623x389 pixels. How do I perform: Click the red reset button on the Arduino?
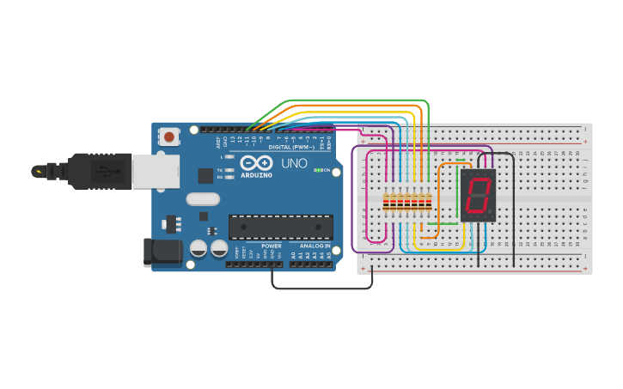169,137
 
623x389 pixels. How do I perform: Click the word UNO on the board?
294,163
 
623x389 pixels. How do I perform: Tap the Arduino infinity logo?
256,163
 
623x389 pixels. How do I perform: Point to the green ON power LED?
318,170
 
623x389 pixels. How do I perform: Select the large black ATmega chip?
280,227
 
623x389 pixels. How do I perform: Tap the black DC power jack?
162,252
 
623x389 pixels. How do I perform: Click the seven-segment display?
478,195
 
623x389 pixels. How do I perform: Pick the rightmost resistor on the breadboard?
428,203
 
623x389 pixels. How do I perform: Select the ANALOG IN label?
315,246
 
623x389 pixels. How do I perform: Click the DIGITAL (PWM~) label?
290,147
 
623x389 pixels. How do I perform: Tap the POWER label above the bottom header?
272,246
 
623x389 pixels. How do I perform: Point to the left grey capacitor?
199,248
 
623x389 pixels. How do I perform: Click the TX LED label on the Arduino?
220,170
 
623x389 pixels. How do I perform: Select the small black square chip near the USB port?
205,176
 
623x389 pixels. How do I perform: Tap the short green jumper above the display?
461,160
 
